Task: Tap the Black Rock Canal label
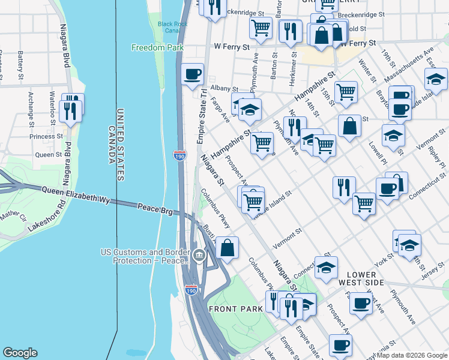pos(173,28)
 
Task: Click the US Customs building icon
pos(199,257)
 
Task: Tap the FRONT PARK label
pos(236,308)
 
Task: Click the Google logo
pos(20,353)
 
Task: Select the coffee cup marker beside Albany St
pos(191,75)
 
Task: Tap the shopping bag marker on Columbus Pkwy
pos(228,248)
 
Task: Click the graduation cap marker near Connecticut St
pos(326,268)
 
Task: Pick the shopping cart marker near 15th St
pos(346,92)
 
